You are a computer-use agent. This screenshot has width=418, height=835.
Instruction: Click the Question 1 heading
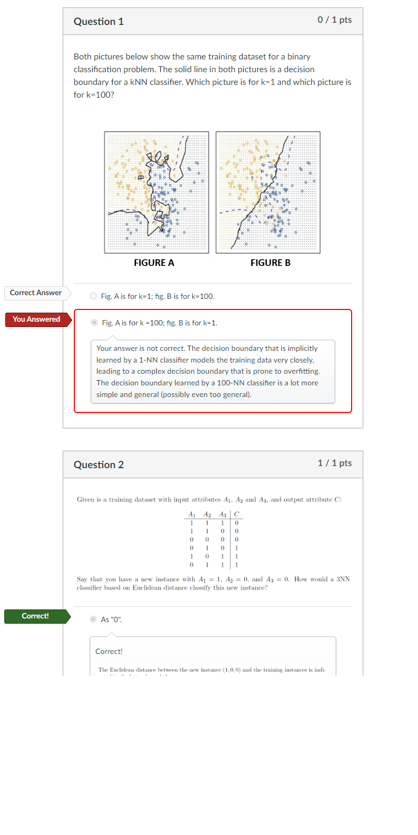[99, 22]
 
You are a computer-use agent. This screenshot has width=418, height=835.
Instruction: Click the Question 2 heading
[99, 465]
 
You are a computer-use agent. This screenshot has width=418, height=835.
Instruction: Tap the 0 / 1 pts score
[335, 20]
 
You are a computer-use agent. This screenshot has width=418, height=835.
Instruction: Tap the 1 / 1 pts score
[335, 463]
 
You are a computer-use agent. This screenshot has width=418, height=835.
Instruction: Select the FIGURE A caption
[154, 263]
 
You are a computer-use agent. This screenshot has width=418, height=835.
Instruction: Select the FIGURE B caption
[270, 263]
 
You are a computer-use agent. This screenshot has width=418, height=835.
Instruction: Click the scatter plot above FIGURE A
[157, 192]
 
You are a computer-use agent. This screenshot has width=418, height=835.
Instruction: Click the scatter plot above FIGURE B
[268, 192]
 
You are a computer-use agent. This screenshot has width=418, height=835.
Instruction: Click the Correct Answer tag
[36, 293]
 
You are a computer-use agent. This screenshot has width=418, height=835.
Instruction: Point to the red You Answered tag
[36, 320]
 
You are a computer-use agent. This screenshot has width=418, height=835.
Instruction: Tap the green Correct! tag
[35, 616]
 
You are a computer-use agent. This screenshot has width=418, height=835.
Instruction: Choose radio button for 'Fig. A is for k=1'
[93, 296]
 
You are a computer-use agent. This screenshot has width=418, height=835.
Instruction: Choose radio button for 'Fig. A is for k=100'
[95, 323]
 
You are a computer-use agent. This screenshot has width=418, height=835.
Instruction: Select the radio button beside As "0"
[93, 619]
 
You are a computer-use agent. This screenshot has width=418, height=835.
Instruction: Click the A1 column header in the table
[192, 514]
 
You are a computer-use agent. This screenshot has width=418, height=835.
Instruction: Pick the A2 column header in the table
[207, 514]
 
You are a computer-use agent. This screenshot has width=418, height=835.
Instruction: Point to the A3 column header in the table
[223, 514]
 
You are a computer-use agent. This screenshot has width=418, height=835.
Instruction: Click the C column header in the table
[236, 514]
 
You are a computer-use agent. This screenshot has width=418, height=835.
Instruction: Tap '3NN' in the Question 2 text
[343, 579]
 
